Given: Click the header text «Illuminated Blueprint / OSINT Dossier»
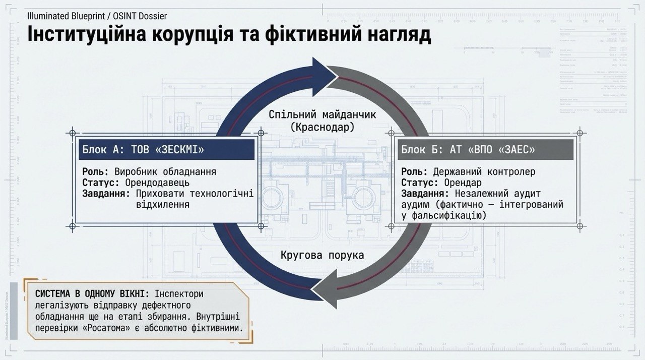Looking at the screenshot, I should [x=97, y=16].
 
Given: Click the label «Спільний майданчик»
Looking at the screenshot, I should [x=322, y=114].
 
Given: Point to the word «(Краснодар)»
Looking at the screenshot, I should [x=322, y=128].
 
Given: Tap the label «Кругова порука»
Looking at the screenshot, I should [x=322, y=255].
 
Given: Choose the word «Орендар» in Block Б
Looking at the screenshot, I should [x=463, y=183].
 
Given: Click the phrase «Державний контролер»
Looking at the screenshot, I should [x=484, y=171].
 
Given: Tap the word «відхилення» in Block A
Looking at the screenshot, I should [x=163, y=205].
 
